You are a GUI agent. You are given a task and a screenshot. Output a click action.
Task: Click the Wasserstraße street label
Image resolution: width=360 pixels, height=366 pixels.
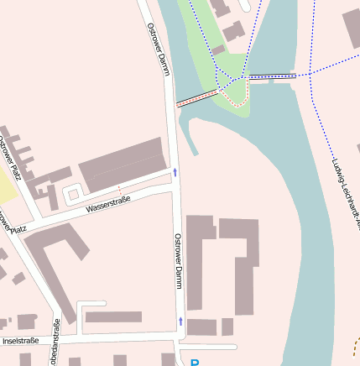tap(108, 205)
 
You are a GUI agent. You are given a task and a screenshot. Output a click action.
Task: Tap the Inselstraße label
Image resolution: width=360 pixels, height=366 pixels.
tap(20, 341)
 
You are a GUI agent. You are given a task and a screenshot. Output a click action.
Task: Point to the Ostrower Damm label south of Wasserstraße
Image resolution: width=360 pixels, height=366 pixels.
tap(178, 260)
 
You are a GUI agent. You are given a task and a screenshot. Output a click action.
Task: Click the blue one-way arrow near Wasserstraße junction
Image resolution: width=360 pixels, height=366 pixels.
tap(175, 172)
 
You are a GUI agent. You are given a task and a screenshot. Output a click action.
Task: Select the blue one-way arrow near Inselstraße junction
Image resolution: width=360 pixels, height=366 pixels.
tap(180, 322)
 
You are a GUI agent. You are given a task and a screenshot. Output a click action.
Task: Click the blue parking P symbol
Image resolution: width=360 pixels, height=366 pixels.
tap(195, 363)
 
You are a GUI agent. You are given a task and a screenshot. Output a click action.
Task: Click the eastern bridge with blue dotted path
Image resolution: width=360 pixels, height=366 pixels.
tap(274, 76)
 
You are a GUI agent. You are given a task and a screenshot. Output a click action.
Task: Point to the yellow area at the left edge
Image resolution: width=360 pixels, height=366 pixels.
tap(8, 185)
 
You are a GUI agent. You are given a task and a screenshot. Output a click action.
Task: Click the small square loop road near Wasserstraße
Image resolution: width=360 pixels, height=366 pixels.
tap(72, 194)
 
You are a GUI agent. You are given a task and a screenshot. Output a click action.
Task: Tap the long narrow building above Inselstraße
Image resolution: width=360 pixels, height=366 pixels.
tap(113, 317)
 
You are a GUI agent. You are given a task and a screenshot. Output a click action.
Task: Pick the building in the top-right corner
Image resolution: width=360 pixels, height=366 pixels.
tap(352, 27)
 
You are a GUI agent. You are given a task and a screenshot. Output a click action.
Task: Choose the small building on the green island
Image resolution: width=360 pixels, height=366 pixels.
tap(218, 50)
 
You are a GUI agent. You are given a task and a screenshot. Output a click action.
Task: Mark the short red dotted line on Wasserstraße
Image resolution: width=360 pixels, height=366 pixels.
tap(120, 190)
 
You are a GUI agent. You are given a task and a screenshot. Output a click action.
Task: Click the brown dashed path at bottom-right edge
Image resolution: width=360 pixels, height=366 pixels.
tap(356, 345)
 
